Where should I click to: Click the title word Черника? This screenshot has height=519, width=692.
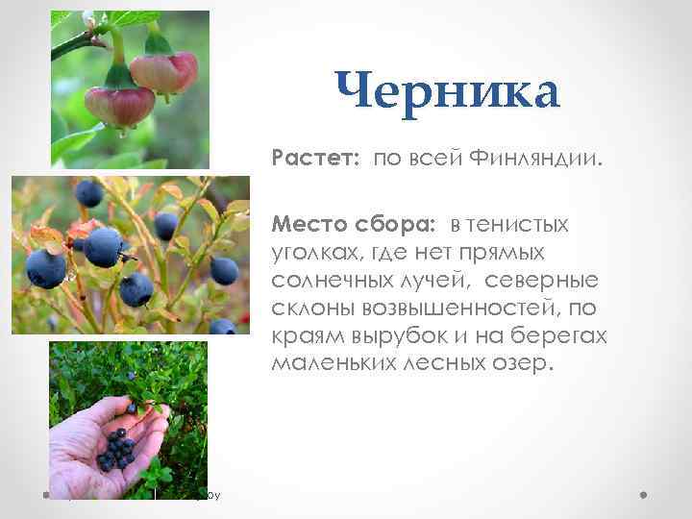(447, 94)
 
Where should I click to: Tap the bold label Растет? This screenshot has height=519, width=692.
(315, 156)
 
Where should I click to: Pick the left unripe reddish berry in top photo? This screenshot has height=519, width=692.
(118, 104)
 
